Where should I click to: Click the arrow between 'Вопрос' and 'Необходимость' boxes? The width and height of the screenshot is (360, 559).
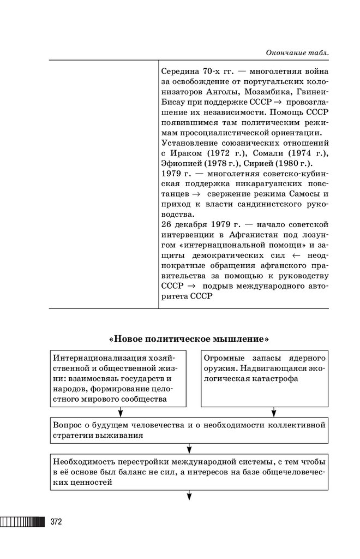point(189,449)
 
